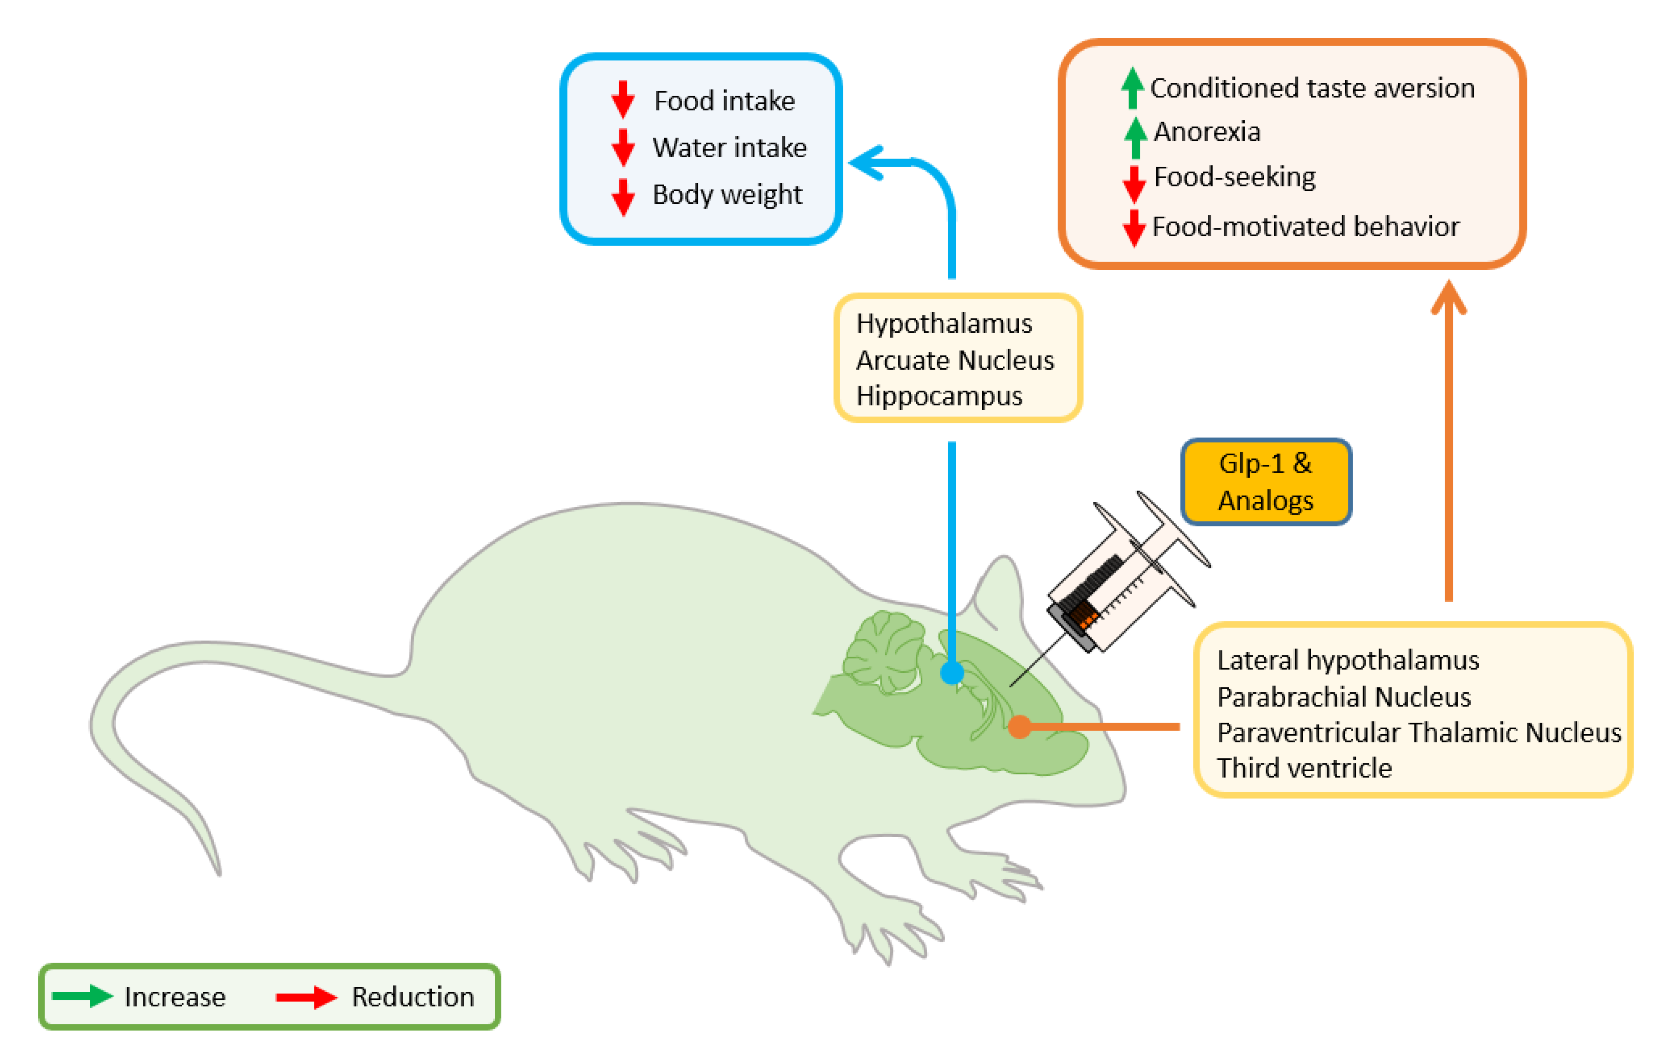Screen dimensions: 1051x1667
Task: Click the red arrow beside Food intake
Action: point(623,99)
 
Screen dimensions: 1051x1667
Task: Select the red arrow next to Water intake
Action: point(623,147)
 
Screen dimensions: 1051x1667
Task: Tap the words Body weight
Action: point(727,195)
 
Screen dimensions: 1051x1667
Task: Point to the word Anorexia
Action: point(1207,132)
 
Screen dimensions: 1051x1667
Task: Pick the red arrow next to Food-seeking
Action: point(1134,184)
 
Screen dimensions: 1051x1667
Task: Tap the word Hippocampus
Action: point(939,396)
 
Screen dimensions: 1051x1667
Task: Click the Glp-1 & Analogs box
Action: point(1266,482)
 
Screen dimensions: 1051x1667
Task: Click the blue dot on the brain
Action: point(952,672)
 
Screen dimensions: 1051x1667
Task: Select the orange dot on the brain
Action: point(1019,726)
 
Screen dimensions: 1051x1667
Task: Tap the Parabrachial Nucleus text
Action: point(1344,696)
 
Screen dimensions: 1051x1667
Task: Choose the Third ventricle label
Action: point(1304,768)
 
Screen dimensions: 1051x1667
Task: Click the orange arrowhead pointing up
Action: point(1448,298)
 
